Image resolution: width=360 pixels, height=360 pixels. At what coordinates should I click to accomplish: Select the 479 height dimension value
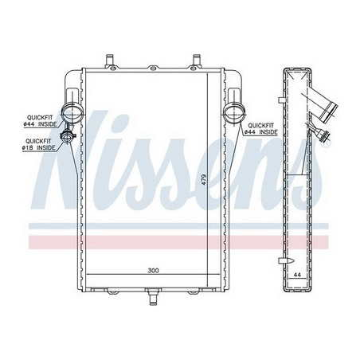point(203,182)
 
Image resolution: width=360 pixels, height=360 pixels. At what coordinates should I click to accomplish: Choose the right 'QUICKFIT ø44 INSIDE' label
point(261,130)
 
